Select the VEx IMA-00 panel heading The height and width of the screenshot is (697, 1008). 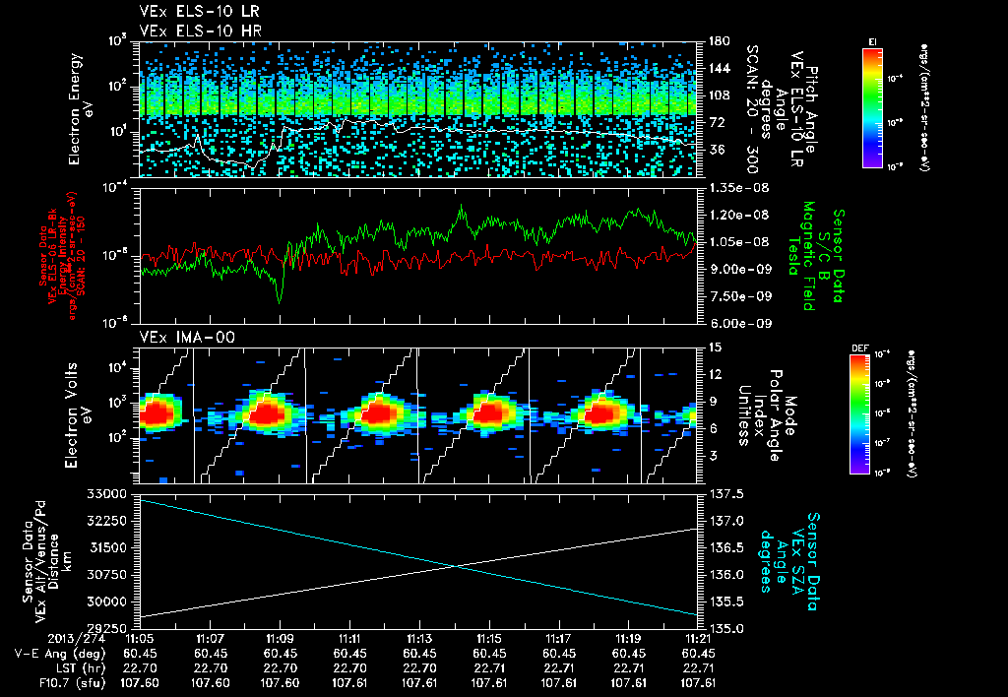174,336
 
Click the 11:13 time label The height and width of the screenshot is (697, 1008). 419,638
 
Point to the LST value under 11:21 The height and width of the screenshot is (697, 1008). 698,666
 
